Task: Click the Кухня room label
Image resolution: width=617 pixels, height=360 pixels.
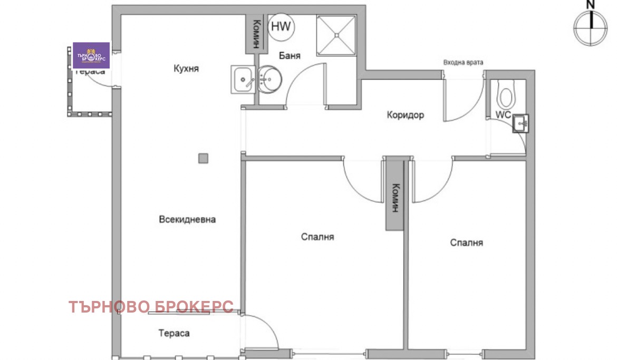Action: (186, 69)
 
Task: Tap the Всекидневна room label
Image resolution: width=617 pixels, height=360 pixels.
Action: (187, 219)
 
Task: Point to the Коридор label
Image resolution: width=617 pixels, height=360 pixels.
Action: (405, 115)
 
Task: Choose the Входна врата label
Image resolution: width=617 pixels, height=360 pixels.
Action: (462, 62)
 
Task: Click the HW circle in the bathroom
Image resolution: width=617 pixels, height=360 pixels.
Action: (282, 27)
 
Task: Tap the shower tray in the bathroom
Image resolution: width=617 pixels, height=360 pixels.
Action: (336, 35)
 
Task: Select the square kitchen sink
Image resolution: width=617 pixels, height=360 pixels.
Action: (243, 80)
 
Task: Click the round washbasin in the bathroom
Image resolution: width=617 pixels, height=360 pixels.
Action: (269, 80)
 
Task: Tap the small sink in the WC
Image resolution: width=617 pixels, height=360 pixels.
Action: (521, 123)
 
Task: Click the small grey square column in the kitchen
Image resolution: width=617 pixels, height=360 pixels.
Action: (203, 158)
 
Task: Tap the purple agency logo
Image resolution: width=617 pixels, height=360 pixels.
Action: (91, 55)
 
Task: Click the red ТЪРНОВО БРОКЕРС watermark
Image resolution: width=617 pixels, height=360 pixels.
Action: (151, 307)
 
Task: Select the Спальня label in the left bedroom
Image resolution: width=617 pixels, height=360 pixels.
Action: (317, 237)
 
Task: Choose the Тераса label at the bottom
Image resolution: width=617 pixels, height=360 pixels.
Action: (173, 333)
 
